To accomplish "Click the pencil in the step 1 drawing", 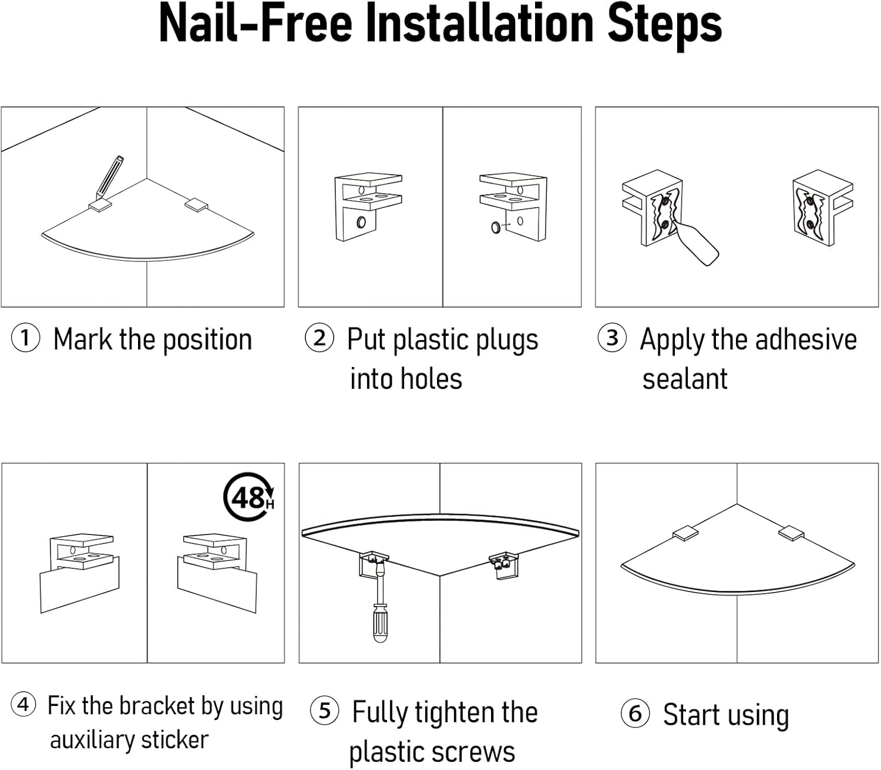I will coord(110,175).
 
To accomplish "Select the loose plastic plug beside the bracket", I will coord(497,226).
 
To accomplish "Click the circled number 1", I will coord(25,339).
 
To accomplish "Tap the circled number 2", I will coord(320,338).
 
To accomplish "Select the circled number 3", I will coord(613,338).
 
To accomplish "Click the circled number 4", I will coord(23,704).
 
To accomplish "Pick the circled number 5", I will coord(325,711).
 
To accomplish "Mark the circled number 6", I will coord(635,714).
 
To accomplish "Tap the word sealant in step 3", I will coord(685,379).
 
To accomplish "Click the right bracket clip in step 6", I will coord(791,533).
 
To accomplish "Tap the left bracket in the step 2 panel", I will coord(368,206).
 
